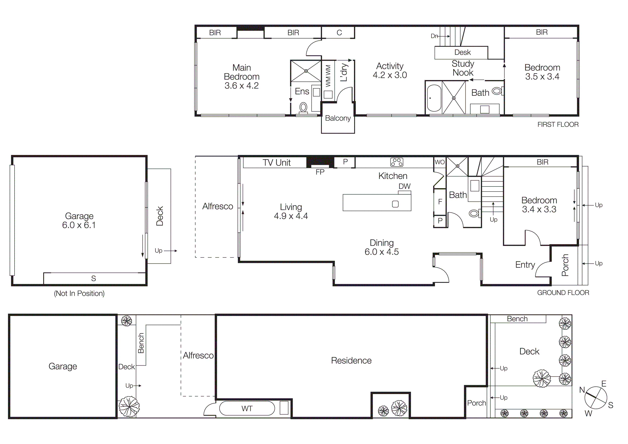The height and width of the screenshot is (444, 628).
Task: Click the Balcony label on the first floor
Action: click(x=338, y=118)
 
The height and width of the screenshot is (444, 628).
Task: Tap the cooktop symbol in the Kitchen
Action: click(x=397, y=162)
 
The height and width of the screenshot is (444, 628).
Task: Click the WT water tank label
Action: click(x=247, y=409)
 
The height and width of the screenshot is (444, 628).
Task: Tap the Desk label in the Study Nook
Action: click(x=463, y=52)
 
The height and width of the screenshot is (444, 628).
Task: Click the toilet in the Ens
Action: click(x=303, y=107)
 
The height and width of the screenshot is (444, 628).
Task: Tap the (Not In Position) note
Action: click(x=79, y=294)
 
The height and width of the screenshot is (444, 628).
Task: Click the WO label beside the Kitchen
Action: click(x=439, y=162)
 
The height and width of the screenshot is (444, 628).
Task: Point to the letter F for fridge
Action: click(x=440, y=202)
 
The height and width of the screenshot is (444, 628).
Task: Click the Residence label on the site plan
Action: click(x=351, y=361)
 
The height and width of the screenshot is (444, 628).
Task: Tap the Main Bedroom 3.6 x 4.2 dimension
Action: click(x=241, y=86)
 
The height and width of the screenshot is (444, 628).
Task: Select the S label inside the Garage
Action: click(x=94, y=279)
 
